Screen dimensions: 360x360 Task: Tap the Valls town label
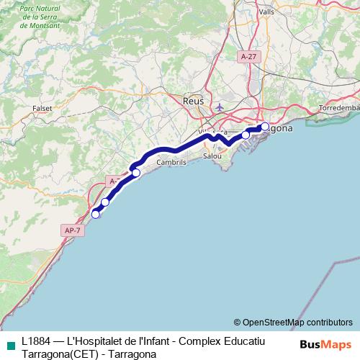tap(266, 12)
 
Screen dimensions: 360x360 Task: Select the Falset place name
tap(42, 109)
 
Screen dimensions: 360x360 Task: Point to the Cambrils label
tap(171, 163)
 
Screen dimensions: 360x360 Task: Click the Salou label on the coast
tap(212, 156)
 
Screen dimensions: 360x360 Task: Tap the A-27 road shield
tap(248, 56)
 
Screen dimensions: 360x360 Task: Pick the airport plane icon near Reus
tap(220, 108)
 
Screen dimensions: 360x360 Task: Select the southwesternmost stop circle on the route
tap(96, 213)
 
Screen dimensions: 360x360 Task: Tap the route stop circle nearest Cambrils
tap(135, 173)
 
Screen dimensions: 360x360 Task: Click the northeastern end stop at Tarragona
tap(265, 127)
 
